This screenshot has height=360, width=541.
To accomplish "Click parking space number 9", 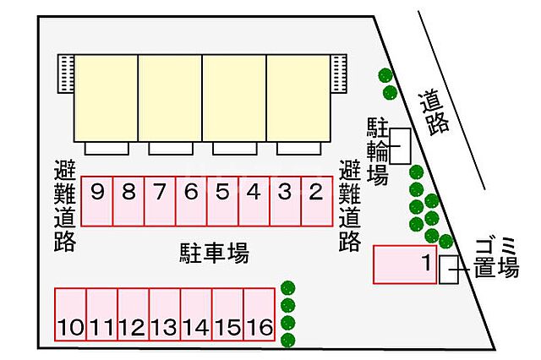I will pyautogui.click(x=97, y=200).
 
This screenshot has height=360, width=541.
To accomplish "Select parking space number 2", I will pyautogui.click(x=316, y=200).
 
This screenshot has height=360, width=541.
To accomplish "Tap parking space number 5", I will pyautogui.click(x=222, y=200).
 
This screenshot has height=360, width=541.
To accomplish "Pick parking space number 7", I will pyautogui.click(x=160, y=200).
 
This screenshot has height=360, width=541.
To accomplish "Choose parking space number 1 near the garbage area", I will pyautogui.click(x=406, y=265).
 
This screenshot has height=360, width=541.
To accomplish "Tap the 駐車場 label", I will pyautogui.click(x=215, y=252).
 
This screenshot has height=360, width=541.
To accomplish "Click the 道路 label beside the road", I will pyautogui.click(x=434, y=111).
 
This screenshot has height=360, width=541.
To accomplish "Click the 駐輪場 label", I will pyautogui.click(x=377, y=151).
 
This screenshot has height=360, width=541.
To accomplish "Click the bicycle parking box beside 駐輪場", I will pyautogui.click(x=399, y=145).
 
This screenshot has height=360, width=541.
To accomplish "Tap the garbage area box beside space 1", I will pyautogui.click(x=449, y=270).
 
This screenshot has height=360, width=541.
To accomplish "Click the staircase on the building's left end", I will pyautogui.click(x=66, y=74).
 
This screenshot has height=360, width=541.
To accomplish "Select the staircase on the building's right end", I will pyautogui.click(x=340, y=74).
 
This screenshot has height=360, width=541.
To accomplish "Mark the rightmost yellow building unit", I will pyautogui.click(x=299, y=97).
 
